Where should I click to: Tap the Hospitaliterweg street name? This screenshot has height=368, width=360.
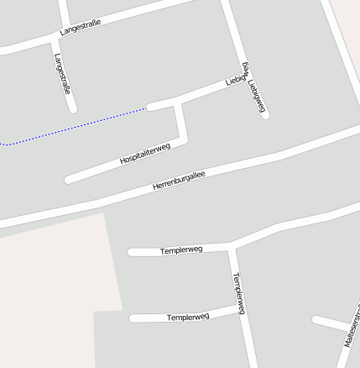point(145,153)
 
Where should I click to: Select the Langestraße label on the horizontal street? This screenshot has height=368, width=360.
point(80,28)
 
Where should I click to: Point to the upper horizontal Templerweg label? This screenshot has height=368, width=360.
point(181,250)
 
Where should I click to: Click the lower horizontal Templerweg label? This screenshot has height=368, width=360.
point(187,317)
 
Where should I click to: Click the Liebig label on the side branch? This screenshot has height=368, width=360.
point(235,81)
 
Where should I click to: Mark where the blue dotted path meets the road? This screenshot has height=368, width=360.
point(149,108)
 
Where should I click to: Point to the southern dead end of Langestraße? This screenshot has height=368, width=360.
point(73,108)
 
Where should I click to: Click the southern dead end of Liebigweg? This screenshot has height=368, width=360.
point(265,114)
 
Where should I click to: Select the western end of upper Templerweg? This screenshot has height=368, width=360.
point(131,251)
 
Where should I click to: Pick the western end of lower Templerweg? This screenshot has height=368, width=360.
point(133,318)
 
